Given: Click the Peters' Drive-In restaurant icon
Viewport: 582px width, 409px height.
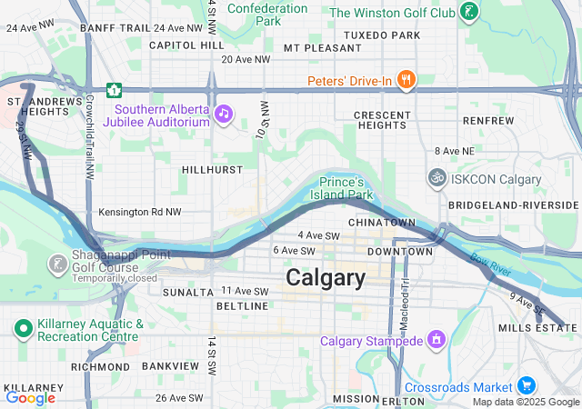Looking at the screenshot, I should [x=406, y=80].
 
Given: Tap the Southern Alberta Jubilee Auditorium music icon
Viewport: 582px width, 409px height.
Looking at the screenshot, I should [x=223, y=114].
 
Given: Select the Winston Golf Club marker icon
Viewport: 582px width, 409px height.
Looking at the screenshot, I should [x=469, y=12].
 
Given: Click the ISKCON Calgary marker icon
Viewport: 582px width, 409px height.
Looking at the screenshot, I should [x=437, y=178].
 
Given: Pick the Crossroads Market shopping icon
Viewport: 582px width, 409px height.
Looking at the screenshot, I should [x=526, y=386].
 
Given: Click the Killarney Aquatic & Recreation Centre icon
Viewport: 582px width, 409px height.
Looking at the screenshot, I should [x=22, y=326].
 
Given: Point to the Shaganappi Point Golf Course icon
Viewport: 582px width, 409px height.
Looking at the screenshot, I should [x=57, y=264].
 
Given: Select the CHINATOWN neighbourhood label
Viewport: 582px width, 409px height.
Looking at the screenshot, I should [x=381, y=223].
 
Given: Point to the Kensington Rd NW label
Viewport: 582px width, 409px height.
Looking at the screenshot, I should [x=140, y=212].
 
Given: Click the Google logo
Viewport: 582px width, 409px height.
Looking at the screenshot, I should [x=30, y=398].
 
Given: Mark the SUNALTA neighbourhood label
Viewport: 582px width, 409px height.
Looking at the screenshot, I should [x=186, y=292].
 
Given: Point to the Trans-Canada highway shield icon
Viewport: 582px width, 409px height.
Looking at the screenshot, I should [x=115, y=89].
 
